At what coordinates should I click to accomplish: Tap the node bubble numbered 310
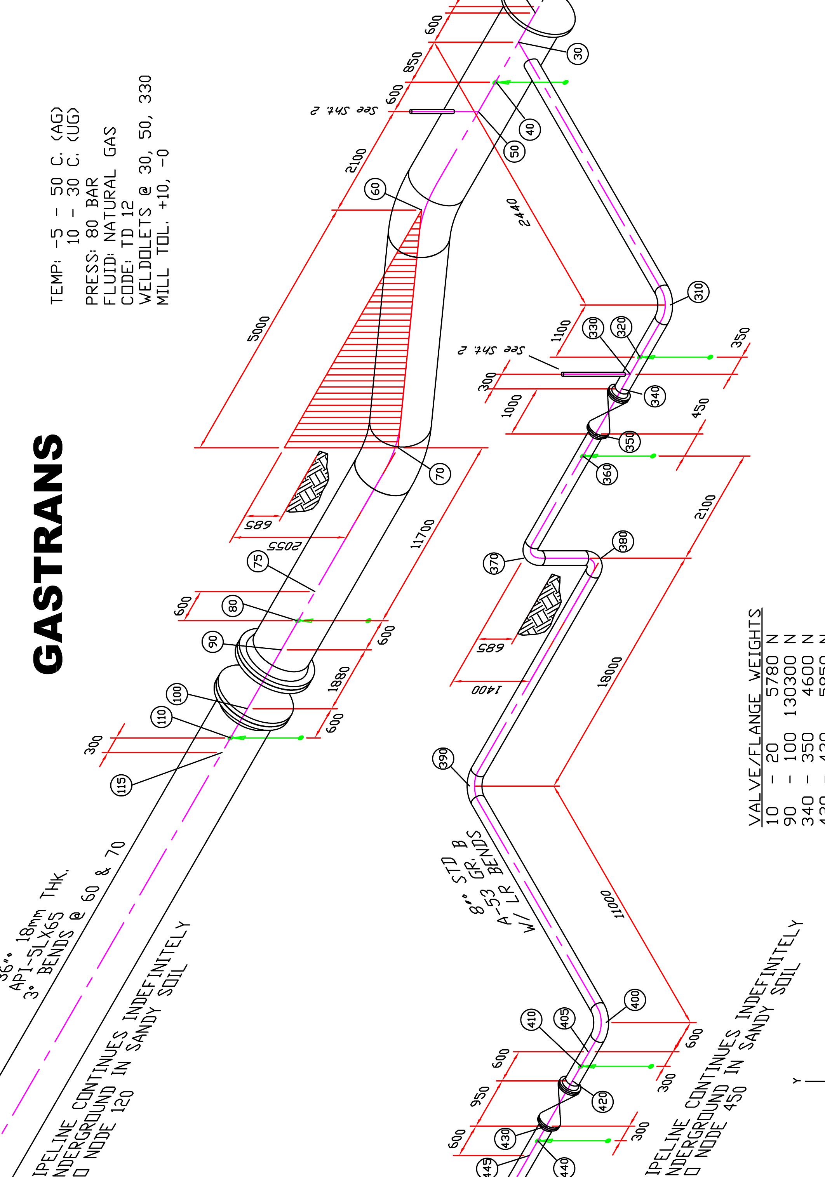[x=698, y=292]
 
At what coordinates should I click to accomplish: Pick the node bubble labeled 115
[x=122, y=785]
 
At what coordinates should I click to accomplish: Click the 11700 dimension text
[x=423, y=534]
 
